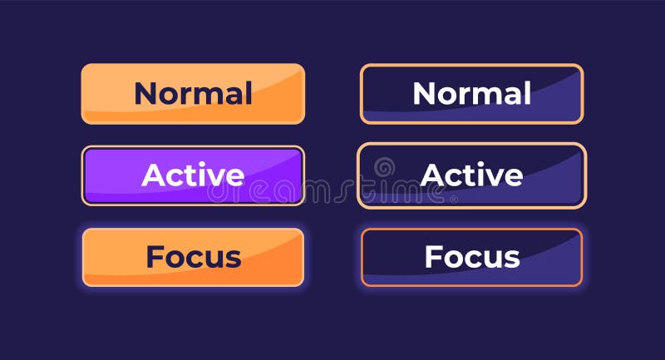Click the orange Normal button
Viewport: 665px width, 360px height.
[193, 94]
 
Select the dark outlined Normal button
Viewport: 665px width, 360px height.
[471, 94]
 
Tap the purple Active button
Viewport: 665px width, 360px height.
[193, 175]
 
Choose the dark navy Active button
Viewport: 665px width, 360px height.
[471, 175]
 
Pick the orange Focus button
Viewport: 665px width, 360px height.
[193, 257]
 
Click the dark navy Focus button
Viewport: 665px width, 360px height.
[471, 257]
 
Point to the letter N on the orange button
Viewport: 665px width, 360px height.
[145, 94]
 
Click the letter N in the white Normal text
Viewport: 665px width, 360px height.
[423, 94]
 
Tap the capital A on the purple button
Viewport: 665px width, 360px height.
[152, 175]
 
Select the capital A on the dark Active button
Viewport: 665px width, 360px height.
[431, 175]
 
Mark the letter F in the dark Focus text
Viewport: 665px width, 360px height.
[155, 257]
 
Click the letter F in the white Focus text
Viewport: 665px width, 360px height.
[433, 257]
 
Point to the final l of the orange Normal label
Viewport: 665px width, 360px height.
[249, 93]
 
